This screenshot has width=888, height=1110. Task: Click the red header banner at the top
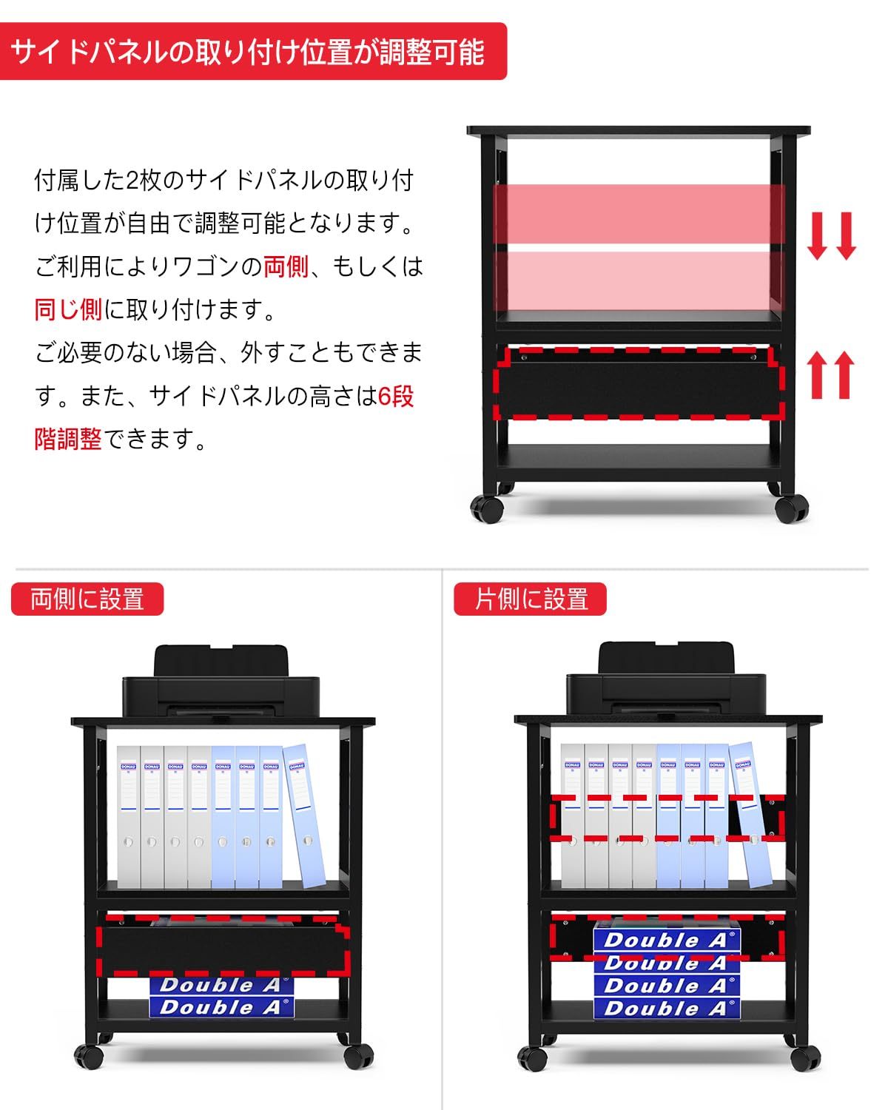pos(252,52)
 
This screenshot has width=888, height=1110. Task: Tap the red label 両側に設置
pos(87,599)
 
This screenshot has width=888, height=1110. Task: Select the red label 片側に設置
pos(530,599)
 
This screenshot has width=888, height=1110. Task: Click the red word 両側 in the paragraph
pos(286,266)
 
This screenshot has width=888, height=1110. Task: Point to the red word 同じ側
pos(68,309)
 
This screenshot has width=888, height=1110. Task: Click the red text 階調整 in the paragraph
pos(68,439)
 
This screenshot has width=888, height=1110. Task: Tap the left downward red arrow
pos(817,235)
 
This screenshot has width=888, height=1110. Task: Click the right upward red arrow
pos(844,374)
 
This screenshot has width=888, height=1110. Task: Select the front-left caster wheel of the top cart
pos(487,508)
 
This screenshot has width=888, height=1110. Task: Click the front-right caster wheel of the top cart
pos(792,508)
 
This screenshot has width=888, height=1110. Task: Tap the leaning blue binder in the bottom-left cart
pos(305,814)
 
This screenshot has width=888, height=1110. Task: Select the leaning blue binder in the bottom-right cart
pos(750,814)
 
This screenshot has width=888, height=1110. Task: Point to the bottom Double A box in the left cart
pos(221,1007)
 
